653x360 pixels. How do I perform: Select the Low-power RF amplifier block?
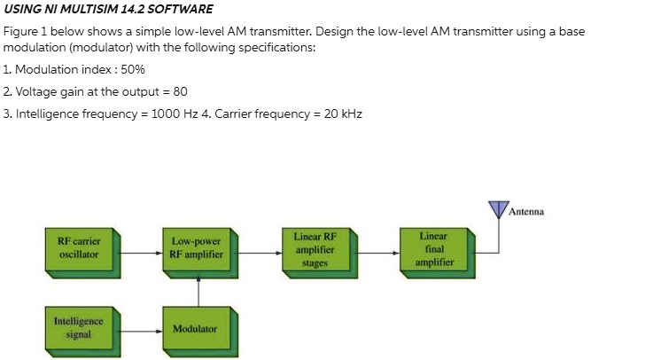(x=196, y=247)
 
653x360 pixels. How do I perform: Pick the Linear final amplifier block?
(x=434, y=249)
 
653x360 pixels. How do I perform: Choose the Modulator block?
(x=195, y=328)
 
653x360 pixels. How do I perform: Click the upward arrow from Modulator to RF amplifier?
(x=198, y=289)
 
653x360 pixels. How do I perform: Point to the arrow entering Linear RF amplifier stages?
(x=261, y=252)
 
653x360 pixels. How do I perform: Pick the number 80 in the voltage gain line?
(x=180, y=91)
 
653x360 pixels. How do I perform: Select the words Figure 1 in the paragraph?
(x=22, y=31)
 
